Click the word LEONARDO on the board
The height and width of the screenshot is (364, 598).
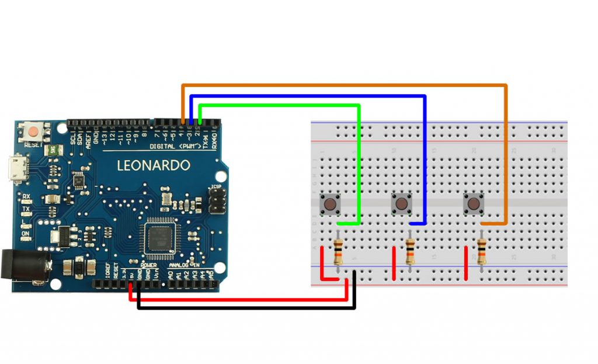[154, 165]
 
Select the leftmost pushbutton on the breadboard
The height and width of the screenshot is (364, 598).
[331, 205]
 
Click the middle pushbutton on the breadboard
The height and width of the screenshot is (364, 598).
[401, 204]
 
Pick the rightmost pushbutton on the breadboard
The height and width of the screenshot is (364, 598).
[474, 204]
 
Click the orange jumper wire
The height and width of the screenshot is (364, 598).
[345, 85]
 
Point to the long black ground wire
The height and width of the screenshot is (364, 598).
[245, 307]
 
